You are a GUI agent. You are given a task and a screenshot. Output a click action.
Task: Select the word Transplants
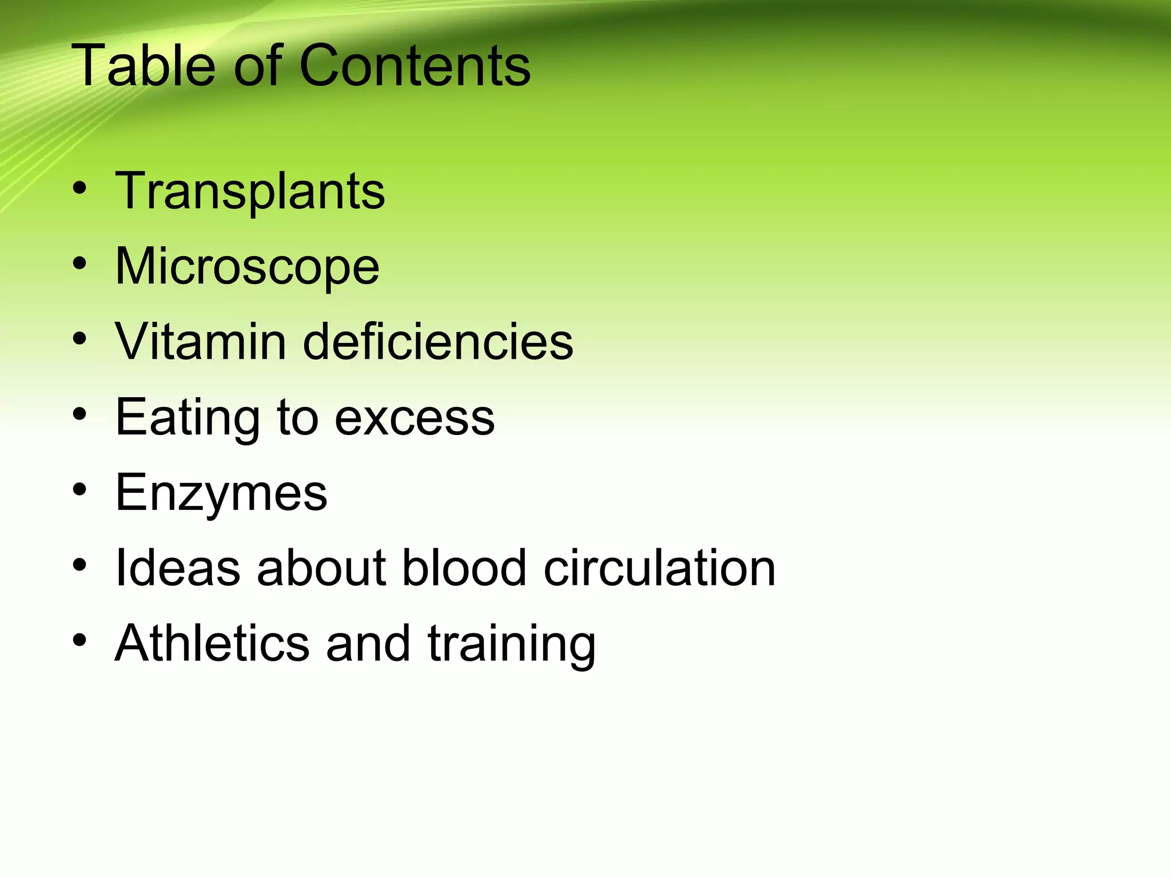click(250, 191)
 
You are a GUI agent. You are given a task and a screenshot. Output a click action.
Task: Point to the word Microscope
click(247, 267)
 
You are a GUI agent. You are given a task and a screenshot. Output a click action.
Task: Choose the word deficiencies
click(437, 342)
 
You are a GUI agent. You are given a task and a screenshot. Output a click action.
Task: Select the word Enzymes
click(221, 493)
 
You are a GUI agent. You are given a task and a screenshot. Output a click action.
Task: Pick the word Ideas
click(178, 568)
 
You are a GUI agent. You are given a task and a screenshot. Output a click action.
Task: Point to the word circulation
click(659, 568)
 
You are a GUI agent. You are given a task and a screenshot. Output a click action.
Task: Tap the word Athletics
click(212, 644)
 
